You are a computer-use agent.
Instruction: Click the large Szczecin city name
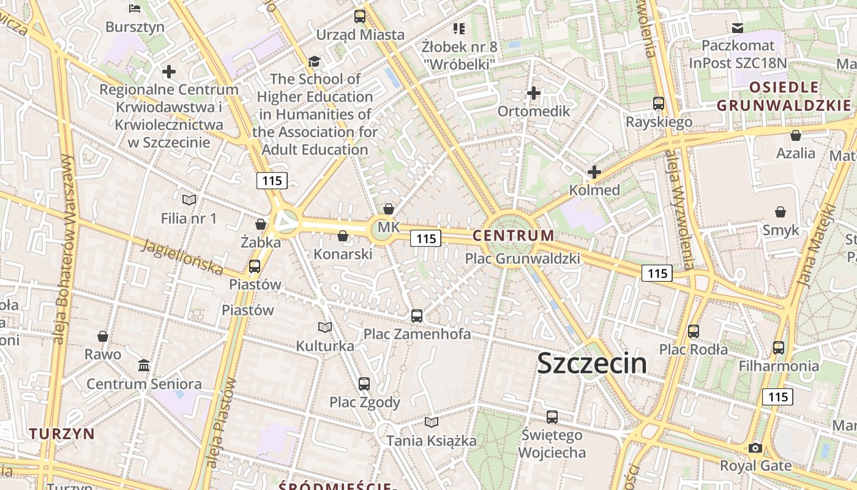coord(591,363)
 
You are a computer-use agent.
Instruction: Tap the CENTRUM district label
coord(513,235)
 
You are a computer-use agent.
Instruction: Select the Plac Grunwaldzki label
coord(522,258)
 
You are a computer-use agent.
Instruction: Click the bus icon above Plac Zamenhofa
coord(417,316)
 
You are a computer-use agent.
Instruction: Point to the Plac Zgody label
coord(364,402)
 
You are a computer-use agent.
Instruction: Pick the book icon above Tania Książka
coord(432,422)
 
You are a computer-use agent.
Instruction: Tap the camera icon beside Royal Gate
coord(755,448)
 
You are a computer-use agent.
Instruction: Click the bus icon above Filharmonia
coord(778,348)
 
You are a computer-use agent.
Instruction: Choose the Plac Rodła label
coord(693,350)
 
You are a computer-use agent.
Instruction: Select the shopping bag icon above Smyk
coord(780,213)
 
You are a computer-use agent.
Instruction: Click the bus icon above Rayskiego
coord(659,104)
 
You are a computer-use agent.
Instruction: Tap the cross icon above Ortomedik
coord(534,93)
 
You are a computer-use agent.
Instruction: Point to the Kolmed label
coord(594,190)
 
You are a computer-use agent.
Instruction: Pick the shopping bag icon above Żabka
coord(261,224)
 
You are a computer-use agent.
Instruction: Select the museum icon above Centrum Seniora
coord(144,366)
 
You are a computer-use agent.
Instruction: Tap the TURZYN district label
coord(62,434)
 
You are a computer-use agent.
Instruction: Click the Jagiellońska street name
coord(182,257)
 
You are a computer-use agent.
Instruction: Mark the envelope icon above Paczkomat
coord(738,28)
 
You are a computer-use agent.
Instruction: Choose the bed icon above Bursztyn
coord(135,9)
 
